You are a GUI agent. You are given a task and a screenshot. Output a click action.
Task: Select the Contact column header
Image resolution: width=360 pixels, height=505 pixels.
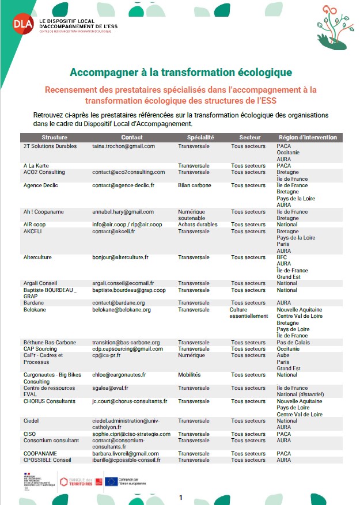[132, 138]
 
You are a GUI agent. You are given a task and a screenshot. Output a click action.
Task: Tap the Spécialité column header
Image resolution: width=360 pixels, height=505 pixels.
[200, 138]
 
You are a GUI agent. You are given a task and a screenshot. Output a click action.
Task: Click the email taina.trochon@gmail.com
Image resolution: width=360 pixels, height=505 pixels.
[123, 146]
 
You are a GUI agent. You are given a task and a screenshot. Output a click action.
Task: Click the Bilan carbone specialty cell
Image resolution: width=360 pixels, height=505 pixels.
[195, 185]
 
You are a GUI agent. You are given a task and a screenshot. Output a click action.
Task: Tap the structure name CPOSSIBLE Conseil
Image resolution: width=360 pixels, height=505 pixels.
[47, 460]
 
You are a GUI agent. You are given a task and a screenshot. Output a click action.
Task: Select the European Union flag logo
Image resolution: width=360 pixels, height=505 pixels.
[111, 481]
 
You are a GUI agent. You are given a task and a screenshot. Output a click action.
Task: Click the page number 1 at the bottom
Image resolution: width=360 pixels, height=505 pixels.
[181, 497]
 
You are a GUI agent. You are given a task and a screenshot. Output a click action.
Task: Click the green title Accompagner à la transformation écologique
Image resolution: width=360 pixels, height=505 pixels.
[180, 73]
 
